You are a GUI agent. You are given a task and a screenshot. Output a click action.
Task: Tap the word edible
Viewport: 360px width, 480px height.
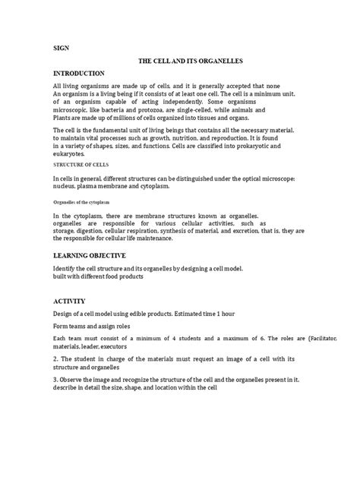175,314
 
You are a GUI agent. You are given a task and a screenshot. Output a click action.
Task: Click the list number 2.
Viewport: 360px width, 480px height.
55,358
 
